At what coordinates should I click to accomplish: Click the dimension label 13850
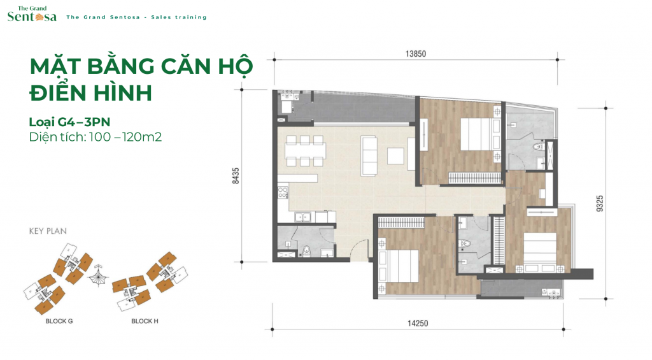click(415, 54)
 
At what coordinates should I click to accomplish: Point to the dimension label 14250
click(418, 323)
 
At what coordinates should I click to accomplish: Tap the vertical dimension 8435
click(236, 176)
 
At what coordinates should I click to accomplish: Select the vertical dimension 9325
click(599, 203)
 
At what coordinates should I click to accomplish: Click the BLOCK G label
click(59, 321)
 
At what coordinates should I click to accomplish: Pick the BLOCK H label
click(145, 321)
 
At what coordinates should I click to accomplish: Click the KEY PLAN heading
click(48, 231)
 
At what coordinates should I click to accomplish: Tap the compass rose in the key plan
click(99, 275)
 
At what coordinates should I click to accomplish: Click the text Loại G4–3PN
click(69, 122)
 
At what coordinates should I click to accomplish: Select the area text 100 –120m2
click(125, 137)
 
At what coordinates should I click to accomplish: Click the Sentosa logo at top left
click(32, 15)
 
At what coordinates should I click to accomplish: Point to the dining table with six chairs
click(305, 150)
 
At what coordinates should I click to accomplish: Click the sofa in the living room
click(369, 155)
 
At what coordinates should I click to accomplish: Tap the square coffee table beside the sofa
click(395, 156)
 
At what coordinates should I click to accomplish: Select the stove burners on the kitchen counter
click(283, 192)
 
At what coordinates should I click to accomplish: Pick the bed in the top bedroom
click(480, 134)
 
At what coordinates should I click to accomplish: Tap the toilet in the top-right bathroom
click(539, 147)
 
